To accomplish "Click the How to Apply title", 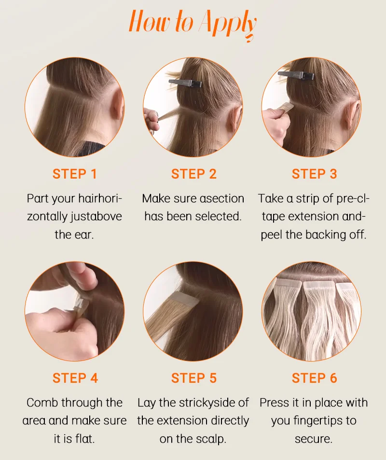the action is pos(193,24).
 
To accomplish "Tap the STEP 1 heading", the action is pos(75,174).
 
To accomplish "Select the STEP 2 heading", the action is pos(193,174).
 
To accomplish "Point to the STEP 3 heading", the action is pos(314,174).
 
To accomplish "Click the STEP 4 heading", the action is pos(75,378).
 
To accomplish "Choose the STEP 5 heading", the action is pos(193,378).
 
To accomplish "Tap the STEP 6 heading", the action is pos(314,378).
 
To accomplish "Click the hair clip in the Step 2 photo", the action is pos(185,83).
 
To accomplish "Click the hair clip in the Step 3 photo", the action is pos(296,75).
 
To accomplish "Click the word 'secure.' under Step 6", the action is pos(314,439).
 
